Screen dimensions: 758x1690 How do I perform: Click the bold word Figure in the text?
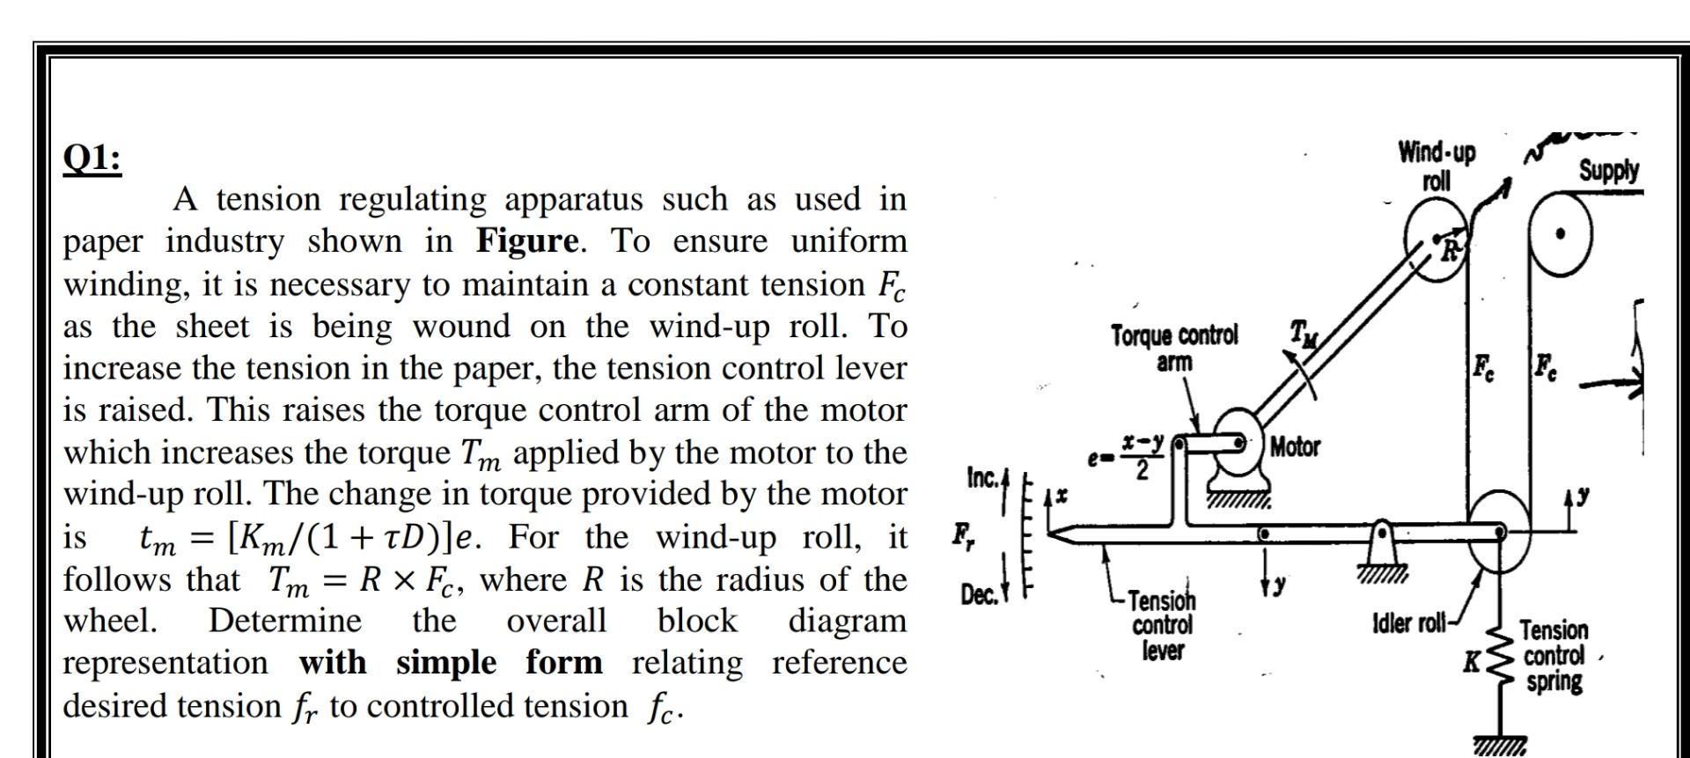pos(527,241)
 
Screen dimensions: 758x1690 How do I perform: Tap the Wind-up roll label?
pos(1436,166)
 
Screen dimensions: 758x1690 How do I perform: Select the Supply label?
pos(1608,170)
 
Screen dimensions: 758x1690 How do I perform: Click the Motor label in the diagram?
pos(1295,447)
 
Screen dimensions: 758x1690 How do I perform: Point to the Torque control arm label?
pos(1173,348)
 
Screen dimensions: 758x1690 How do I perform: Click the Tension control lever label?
pos(1162,625)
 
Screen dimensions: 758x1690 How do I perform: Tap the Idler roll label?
pos(1409,624)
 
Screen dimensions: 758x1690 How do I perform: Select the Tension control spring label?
pos(1554,656)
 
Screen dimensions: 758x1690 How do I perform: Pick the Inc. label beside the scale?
pos(982,478)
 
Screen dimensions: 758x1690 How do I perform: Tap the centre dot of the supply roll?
pos(1561,234)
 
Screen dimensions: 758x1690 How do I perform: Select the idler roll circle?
pos(1499,532)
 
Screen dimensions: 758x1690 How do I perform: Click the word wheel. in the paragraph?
pos(110,621)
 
